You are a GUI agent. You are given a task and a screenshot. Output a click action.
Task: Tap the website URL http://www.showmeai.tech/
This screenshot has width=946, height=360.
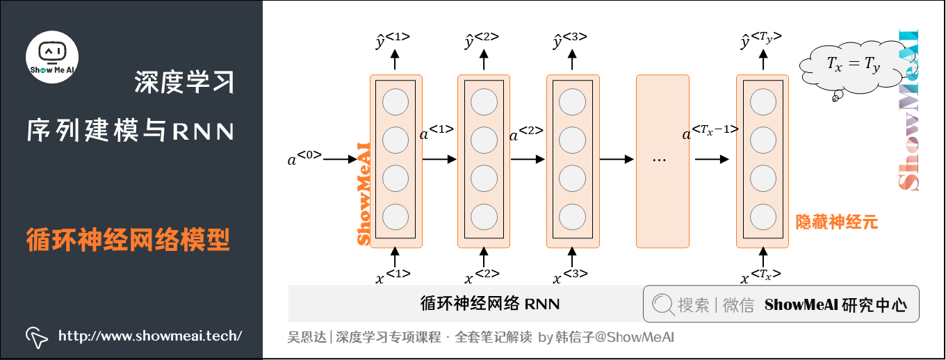149,336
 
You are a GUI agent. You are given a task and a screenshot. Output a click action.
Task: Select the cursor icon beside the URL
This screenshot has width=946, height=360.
36,337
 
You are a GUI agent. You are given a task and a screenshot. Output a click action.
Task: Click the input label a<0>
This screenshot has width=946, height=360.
304,158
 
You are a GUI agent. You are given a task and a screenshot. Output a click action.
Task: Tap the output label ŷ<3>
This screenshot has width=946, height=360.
569,40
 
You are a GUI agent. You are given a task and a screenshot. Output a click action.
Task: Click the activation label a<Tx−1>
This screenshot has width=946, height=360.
710,132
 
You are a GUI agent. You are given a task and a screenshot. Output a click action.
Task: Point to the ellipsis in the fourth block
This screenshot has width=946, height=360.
660,160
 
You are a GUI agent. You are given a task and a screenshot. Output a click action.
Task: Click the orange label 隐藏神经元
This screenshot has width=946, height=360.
837,222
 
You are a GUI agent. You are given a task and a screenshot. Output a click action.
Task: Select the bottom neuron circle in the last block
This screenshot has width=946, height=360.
762,215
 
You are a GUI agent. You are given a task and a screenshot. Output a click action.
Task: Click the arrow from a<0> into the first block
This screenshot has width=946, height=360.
341,159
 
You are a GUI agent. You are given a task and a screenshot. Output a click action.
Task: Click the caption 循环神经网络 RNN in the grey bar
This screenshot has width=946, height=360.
490,304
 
